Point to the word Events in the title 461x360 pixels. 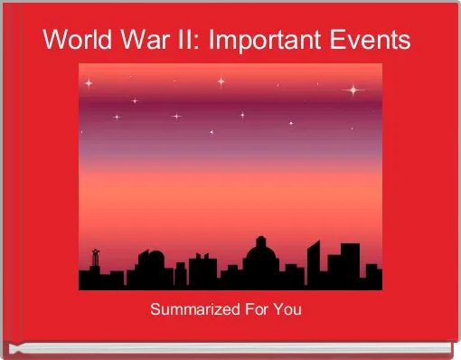pyautogui.click(x=372, y=41)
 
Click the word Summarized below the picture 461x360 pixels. pyautogui.click(x=194, y=310)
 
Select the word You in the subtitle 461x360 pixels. pyautogui.click(x=287, y=310)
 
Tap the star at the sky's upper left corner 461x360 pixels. pyautogui.click(x=89, y=83)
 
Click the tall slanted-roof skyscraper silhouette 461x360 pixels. pyautogui.click(x=314, y=263)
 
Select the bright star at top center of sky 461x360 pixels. pyautogui.click(x=221, y=81)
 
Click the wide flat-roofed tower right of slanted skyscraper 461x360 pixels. pyautogui.click(x=349, y=262)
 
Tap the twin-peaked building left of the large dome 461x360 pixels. pyautogui.click(x=203, y=268)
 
